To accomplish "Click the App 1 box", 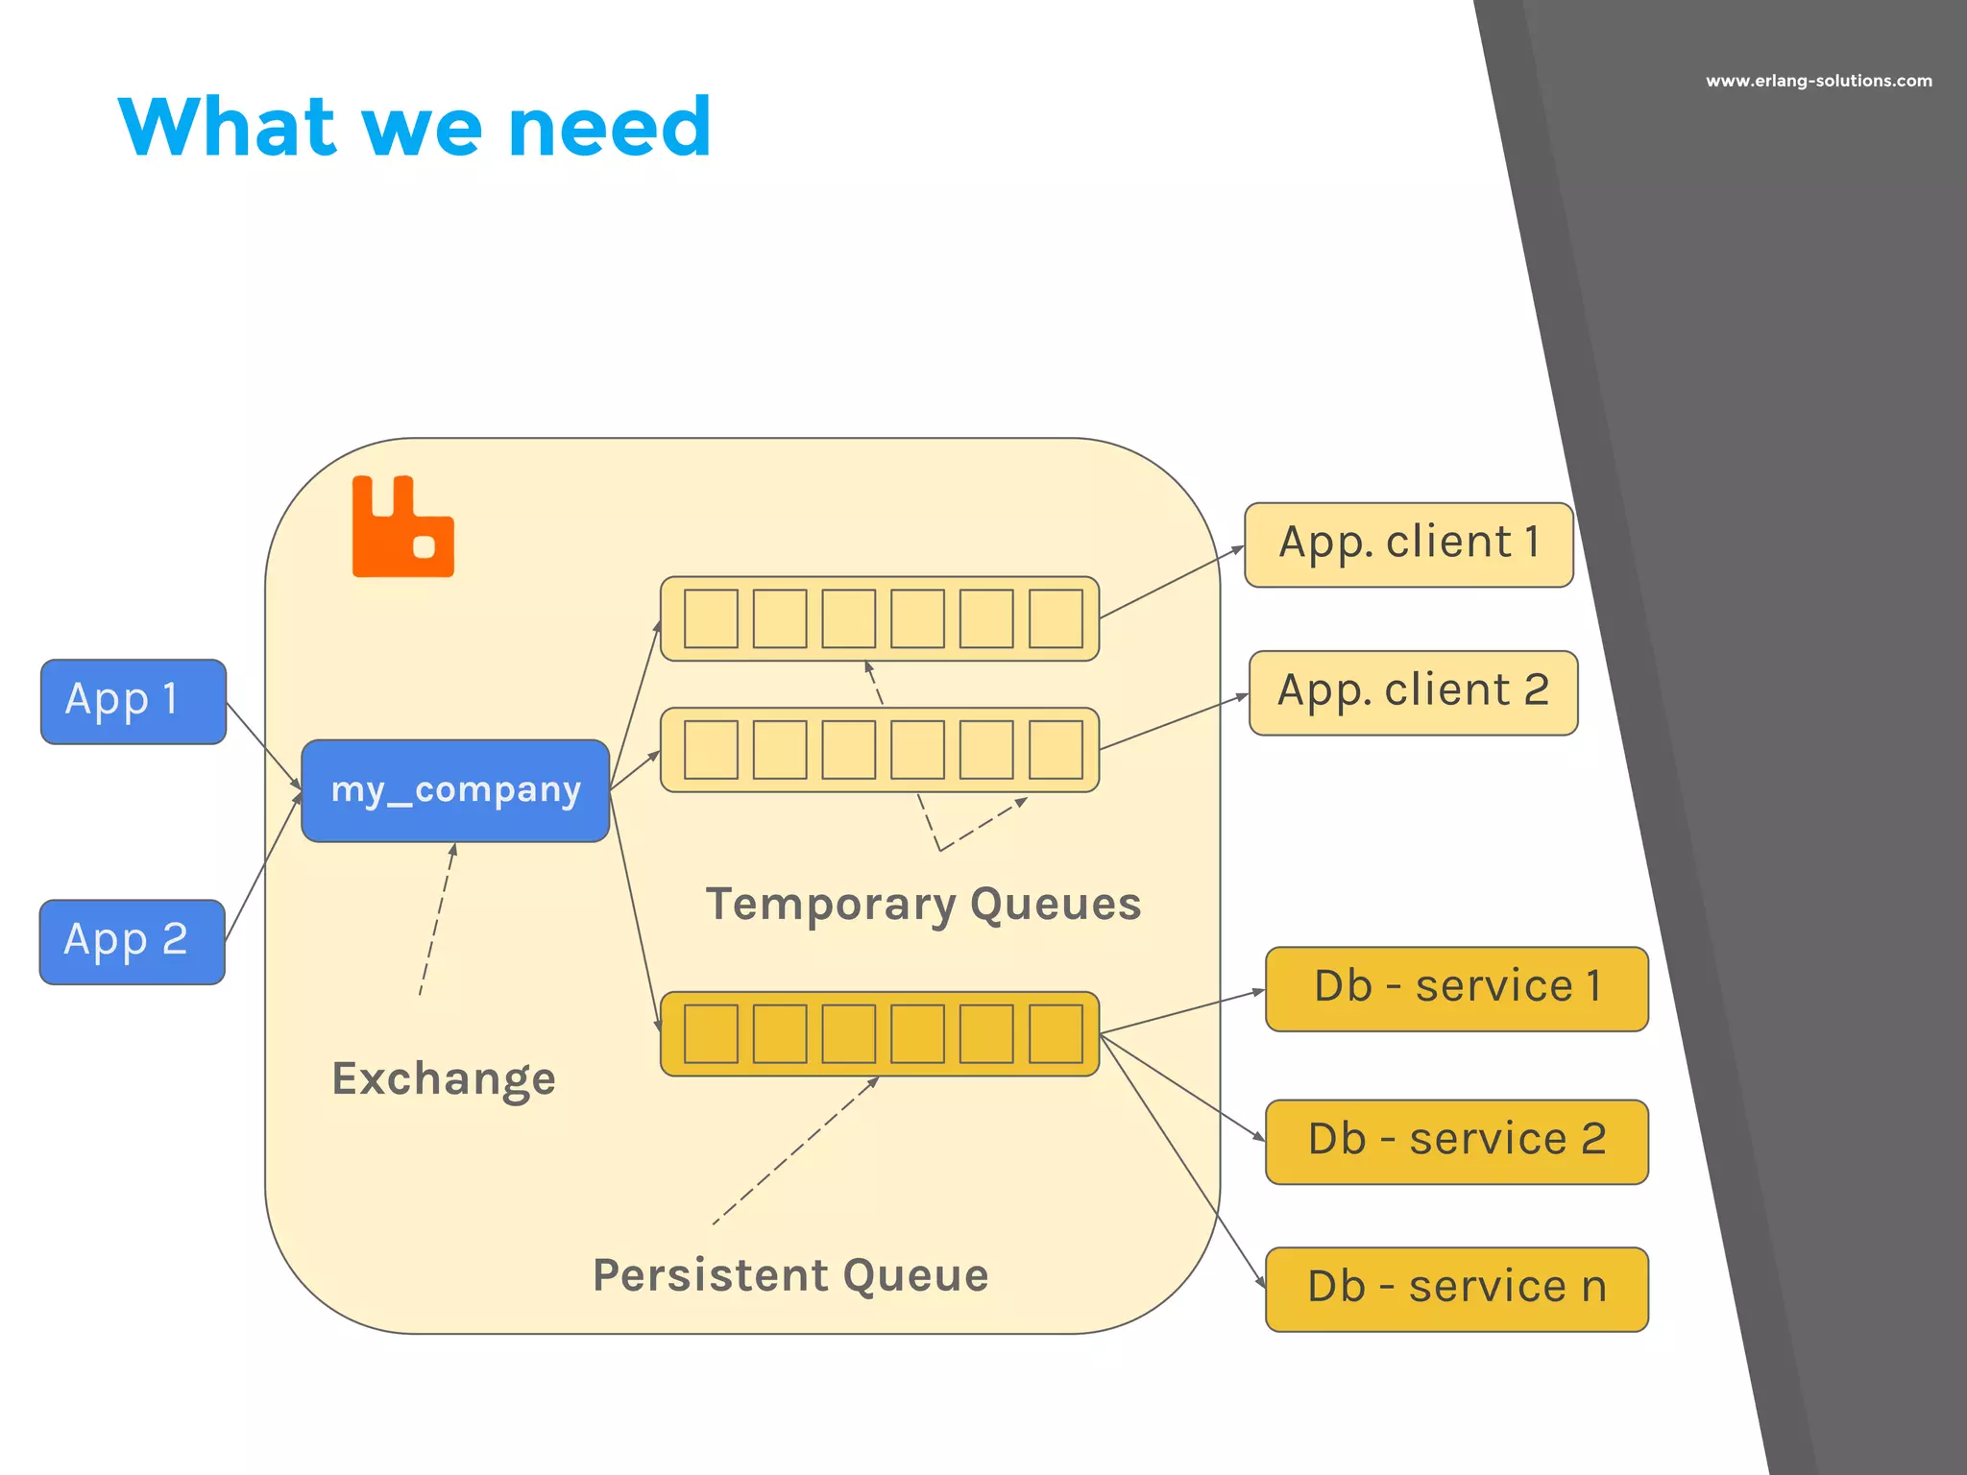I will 134,702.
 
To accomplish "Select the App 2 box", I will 133,942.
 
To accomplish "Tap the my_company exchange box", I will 455,791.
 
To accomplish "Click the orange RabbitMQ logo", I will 402,527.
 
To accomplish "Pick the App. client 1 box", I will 1408,544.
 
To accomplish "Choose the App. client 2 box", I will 1413,692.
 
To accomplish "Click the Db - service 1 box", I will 1456,989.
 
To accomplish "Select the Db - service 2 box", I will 1456,1142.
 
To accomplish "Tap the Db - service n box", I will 1456,1290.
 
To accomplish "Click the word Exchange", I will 444,1079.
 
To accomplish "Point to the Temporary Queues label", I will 923,905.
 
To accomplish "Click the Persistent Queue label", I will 790,1276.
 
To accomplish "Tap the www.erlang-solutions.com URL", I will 1818,82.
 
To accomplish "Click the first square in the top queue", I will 711,619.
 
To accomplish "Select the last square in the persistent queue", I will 1056,1034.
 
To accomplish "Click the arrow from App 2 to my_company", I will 262,868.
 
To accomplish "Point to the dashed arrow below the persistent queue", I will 794,1151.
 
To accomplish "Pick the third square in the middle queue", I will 849,750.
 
